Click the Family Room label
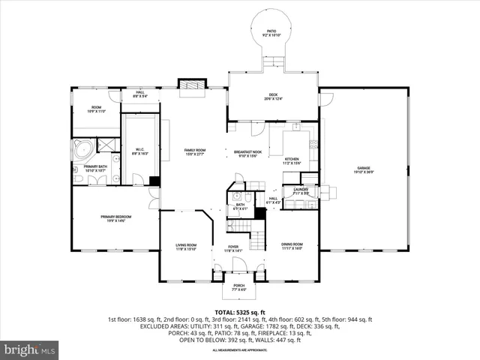tap(195, 152)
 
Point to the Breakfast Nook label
tap(247, 154)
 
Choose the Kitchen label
tap(291, 160)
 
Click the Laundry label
tap(301, 191)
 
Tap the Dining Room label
tap(292, 246)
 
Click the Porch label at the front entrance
tap(238, 286)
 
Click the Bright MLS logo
tap(30, 349)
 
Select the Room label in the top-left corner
tap(96, 109)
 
